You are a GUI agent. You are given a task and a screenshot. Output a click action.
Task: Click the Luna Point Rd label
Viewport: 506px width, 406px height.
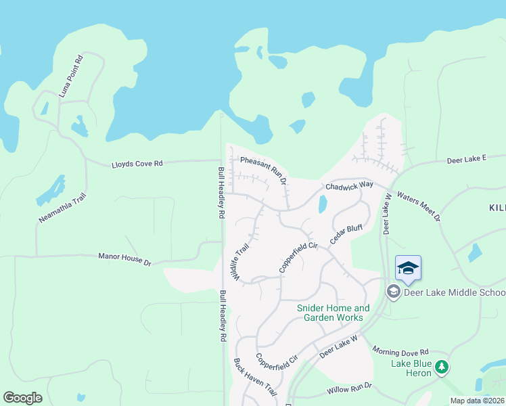click(70, 76)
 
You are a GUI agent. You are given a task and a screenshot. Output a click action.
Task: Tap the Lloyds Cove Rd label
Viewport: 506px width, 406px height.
click(137, 164)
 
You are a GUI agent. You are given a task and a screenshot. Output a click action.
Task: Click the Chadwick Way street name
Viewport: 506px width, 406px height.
click(349, 185)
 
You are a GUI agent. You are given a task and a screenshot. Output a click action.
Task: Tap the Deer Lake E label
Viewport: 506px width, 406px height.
click(467, 159)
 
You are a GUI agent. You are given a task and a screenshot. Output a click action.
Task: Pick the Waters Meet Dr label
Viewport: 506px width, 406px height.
click(419, 206)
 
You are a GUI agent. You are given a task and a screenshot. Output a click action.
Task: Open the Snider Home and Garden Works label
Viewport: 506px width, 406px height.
click(333, 313)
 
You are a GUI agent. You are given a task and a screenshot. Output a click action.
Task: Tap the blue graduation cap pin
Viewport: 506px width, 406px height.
click(408, 269)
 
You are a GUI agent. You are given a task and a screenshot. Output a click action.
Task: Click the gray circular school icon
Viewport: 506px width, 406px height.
click(392, 292)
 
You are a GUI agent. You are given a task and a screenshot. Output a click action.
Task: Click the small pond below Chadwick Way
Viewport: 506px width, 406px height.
click(322, 204)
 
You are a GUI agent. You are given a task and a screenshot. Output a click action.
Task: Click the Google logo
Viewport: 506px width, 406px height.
click(22, 398)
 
